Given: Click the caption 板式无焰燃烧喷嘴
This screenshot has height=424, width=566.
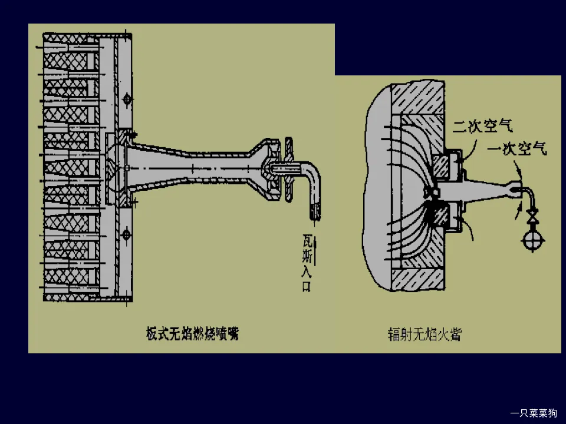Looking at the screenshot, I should tap(192, 334).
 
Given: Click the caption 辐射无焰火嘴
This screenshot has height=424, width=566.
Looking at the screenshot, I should tap(424, 334).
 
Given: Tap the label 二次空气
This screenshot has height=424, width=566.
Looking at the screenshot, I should tap(482, 125).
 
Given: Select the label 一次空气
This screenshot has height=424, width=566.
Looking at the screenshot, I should tap(517, 150).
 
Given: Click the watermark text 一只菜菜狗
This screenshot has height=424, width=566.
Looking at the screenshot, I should tap(533, 413).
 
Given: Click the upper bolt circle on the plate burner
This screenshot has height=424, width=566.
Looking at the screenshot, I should tap(126, 101).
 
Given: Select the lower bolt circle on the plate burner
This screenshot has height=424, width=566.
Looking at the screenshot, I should tap(126, 235).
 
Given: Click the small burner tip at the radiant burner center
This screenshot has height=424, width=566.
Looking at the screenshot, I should tap(431, 193).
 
